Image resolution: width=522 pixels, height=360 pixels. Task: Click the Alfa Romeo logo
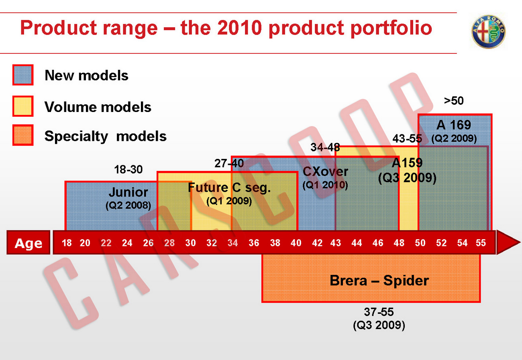click(x=488, y=32)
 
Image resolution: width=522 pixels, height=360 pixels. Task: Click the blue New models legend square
click(x=23, y=75)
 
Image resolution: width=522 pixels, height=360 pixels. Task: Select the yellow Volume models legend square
click(x=23, y=106)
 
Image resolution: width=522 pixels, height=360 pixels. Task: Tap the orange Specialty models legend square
click(x=23, y=135)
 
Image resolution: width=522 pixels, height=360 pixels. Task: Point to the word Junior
click(x=128, y=192)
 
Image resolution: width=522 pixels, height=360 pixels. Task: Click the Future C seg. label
click(x=229, y=187)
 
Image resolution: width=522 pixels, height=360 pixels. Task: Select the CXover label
click(x=325, y=172)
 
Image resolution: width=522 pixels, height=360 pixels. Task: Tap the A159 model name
click(x=407, y=163)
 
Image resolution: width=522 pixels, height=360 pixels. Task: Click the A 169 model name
click(x=454, y=125)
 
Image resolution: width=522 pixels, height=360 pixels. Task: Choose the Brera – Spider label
click(x=379, y=280)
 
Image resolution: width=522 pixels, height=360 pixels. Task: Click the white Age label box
click(x=28, y=243)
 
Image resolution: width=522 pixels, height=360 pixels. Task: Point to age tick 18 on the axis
click(x=67, y=243)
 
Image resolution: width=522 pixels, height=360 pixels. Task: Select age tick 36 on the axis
click(x=254, y=243)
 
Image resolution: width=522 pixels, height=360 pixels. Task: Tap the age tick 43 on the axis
click(x=335, y=243)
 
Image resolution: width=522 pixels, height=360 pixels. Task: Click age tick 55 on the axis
click(x=480, y=243)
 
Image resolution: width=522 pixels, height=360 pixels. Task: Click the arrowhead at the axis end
click(x=508, y=242)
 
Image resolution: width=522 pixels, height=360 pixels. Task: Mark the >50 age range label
click(x=454, y=101)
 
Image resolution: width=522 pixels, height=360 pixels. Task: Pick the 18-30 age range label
click(x=128, y=170)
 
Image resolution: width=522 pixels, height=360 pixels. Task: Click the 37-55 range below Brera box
click(x=379, y=312)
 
